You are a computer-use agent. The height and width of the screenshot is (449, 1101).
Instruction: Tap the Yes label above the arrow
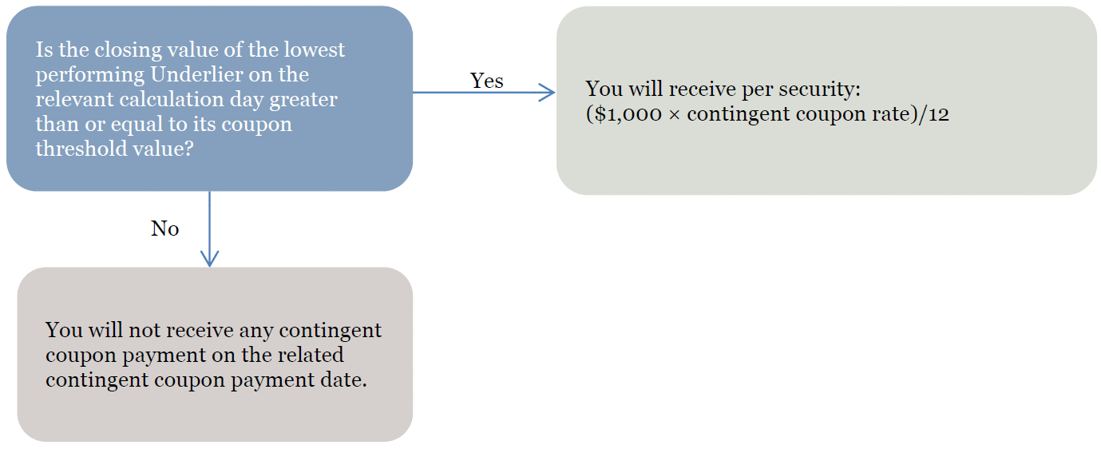pyautogui.click(x=486, y=81)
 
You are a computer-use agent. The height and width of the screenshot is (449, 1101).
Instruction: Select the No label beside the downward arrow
pyautogui.click(x=164, y=228)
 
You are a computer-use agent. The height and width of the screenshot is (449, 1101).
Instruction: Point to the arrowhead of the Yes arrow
pyautogui.click(x=548, y=92)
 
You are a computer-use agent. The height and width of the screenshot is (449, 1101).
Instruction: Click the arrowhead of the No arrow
pyautogui.click(x=209, y=259)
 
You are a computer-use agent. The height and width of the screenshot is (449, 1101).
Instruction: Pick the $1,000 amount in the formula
pyautogui.click(x=628, y=114)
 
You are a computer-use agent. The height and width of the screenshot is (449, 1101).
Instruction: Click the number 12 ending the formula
pyautogui.click(x=939, y=114)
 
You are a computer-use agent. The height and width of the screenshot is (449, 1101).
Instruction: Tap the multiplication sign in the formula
pyautogui.click(x=675, y=115)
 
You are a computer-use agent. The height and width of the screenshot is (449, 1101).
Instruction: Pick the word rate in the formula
pyautogui.click(x=891, y=114)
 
